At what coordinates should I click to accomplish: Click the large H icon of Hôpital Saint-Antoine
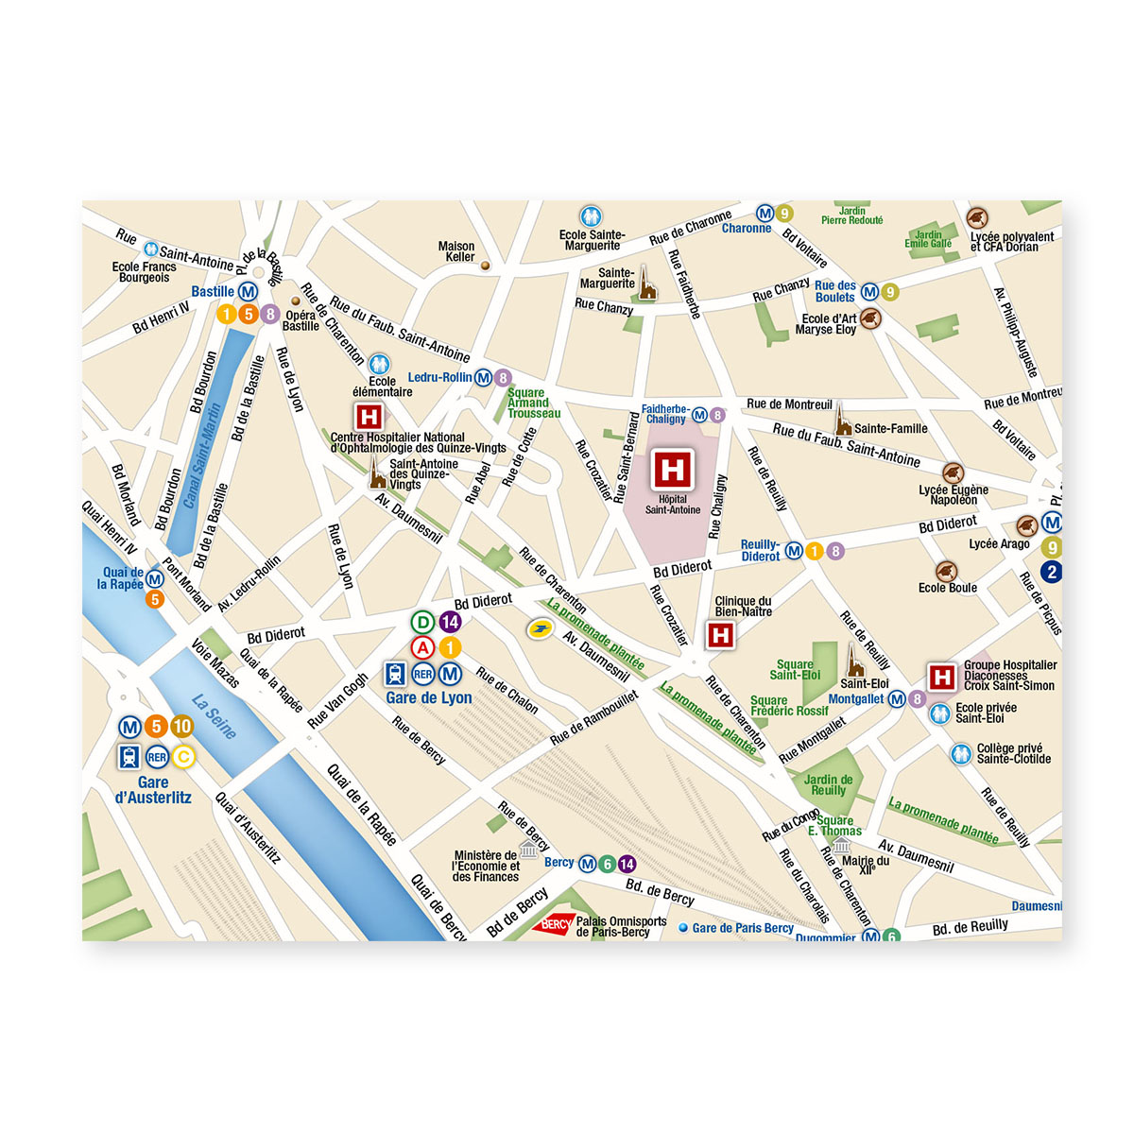point(672,470)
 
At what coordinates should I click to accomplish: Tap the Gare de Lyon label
point(429,698)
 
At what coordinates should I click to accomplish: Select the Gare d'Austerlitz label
point(153,790)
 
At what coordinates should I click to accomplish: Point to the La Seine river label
point(215,716)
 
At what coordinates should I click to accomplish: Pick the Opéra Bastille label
point(301,320)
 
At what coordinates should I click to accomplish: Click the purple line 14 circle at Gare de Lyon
point(450,622)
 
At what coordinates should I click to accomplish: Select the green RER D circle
point(423,622)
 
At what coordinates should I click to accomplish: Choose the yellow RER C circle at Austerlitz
point(183,756)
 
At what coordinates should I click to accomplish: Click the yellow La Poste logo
point(540,628)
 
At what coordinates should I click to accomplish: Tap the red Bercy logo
point(553,924)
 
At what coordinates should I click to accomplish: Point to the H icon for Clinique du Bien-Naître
point(721,635)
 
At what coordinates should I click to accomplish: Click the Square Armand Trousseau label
point(533,404)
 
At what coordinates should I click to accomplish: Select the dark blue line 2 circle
point(1051,571)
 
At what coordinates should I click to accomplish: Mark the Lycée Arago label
point(999,544)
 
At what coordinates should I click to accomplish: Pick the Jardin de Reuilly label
point(828,785)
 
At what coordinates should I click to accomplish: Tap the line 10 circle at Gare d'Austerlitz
point(181,727)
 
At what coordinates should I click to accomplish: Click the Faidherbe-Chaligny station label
point(665,414)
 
